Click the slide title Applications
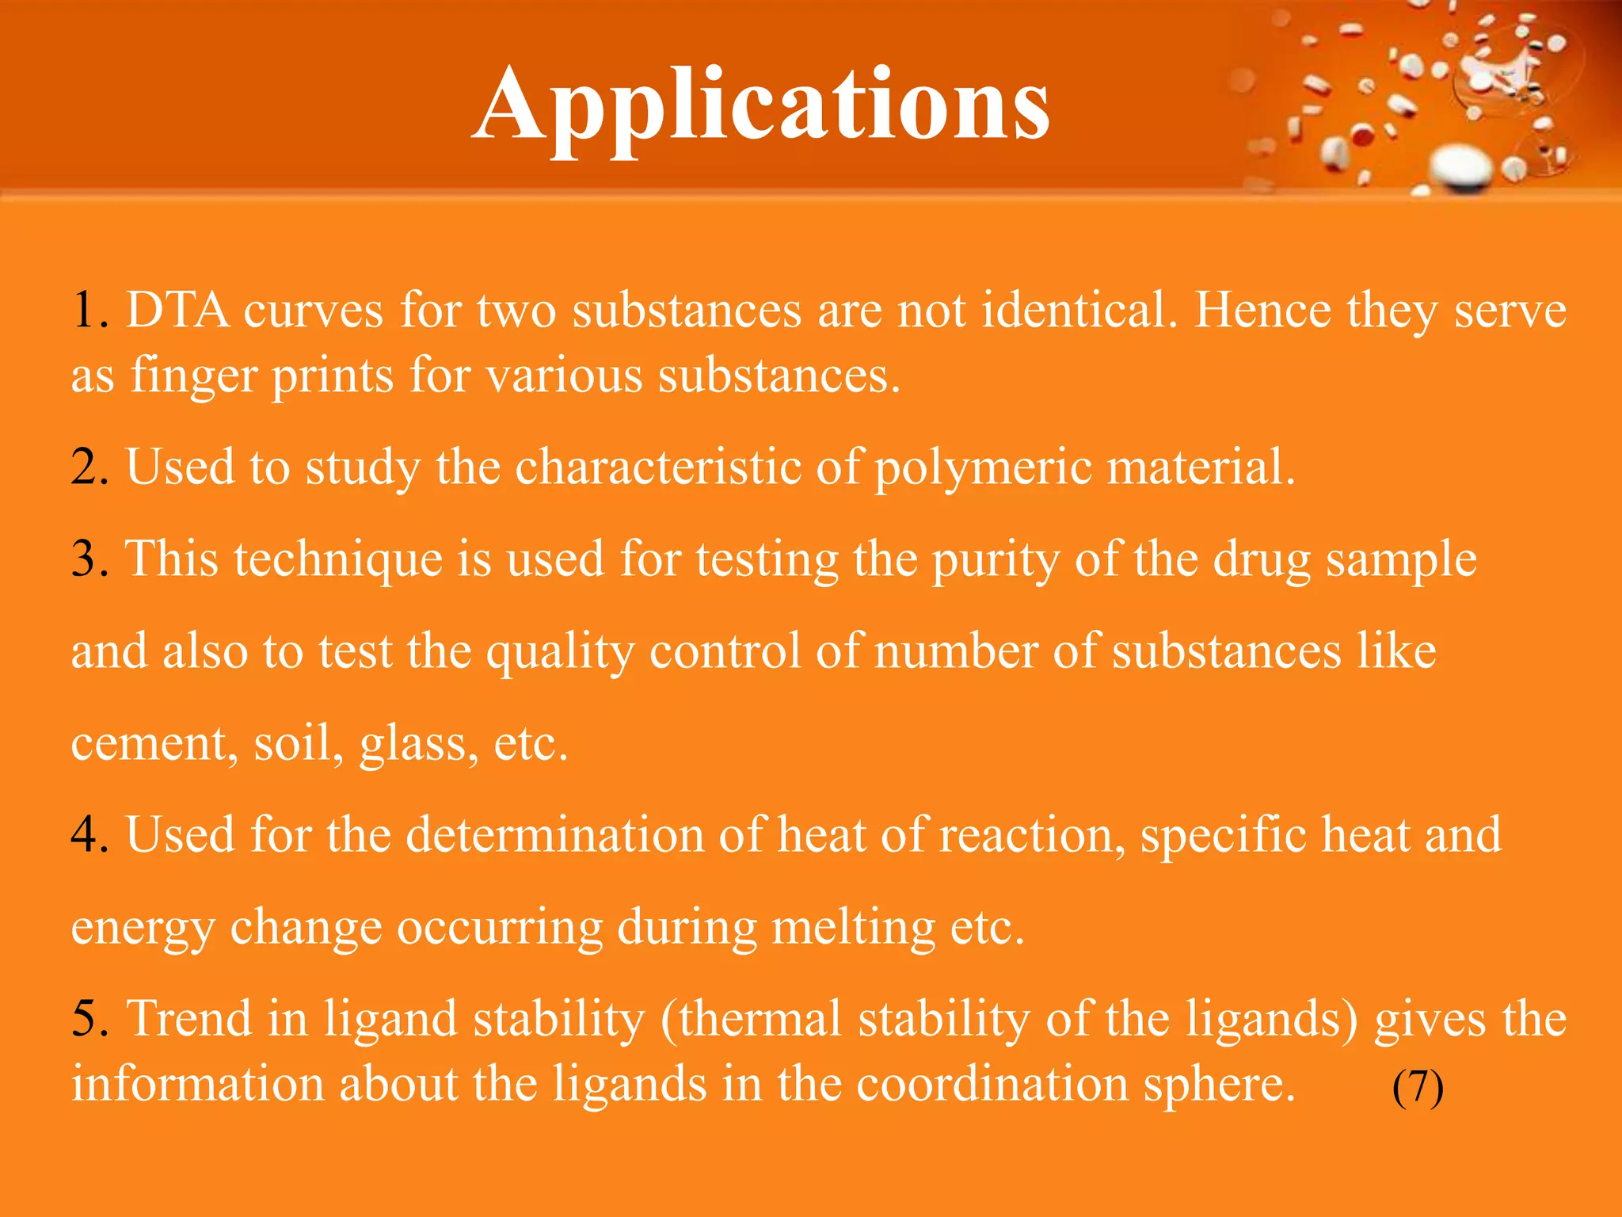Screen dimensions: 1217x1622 [760, 105]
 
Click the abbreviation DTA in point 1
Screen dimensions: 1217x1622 [178, 310]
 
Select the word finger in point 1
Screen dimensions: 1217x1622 [193, 376]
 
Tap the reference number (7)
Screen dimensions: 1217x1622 [1418, 1086]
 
